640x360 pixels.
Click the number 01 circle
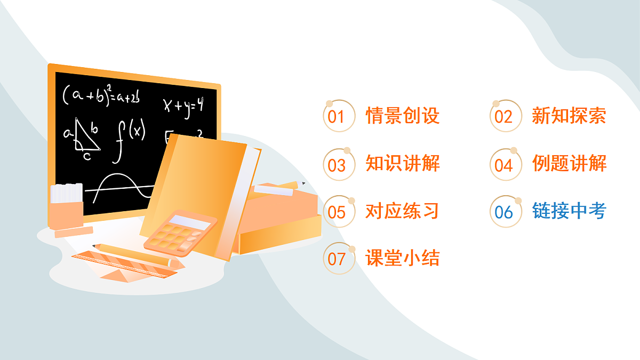click(x=339, y=116)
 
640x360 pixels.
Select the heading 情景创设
click(x=403, y=116)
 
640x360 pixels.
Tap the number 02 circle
click(x=505, y=116)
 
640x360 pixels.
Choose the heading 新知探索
click(x=569, y=116)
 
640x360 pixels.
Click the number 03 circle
click(x=339, y=165)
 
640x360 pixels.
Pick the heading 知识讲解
click(x=403, y=163)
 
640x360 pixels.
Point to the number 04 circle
click(x=505, y=165)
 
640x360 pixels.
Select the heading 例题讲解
click(x=569, y=163)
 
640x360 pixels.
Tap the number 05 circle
click(x=339, y=212)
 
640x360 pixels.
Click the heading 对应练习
click(x=403, y=211)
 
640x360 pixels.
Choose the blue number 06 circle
click(x=505, y=212)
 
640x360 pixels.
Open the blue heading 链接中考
click(x=569, y=211)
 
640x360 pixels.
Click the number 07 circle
click(x=339, y=259)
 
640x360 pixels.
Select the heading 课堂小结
click(x=403, y=258)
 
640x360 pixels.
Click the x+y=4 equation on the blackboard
click(x=183, y=105)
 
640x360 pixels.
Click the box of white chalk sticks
click(x=67, y=205)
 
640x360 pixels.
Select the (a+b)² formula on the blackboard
click(x=101, y=94)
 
